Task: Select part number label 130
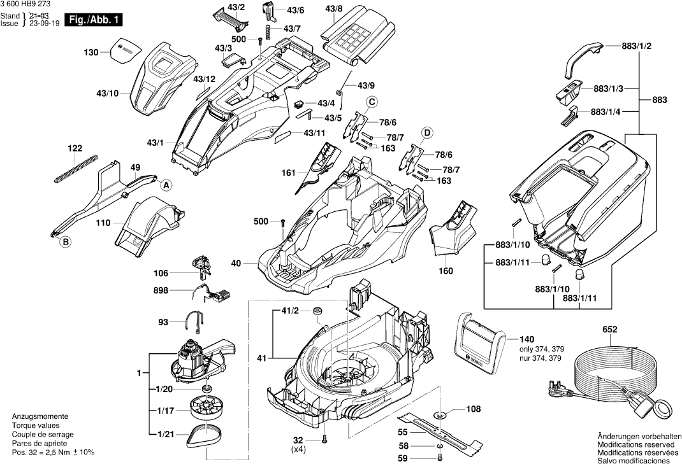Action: click(91, 52)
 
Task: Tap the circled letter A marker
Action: click(166, 185)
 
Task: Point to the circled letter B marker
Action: click(65, 241)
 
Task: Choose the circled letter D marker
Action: click(427, 132)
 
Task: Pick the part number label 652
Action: click(610, 330)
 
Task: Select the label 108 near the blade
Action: click(473, 409)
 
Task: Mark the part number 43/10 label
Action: click(108, 94)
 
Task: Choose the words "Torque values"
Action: click(36, 425)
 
